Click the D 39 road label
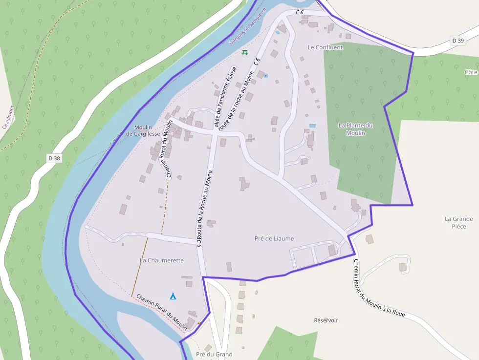[x=458, y=41]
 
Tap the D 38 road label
[x=54, y=158]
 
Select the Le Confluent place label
[x=326, y=47]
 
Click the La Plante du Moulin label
[x=355, y=129]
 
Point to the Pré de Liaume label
[x=274, y=238]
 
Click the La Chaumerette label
[x=162, y=260]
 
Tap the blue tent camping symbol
[x=173, y=296]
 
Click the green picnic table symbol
[x=245, y=52]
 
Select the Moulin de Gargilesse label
[x=143, y=130]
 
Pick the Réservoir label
[x=326, y=320]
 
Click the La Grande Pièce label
[x=459, y=223]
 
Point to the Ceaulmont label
[x=8, y=117]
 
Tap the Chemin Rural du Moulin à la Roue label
[x=379, y=289]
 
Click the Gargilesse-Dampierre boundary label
[x=249, y=26]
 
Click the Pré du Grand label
[x=214, y=354]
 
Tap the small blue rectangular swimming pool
[x=312, y=126]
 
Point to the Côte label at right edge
[x=471, y=72]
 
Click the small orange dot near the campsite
[x=198, y=323]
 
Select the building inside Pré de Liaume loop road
[x=332, y=251]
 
